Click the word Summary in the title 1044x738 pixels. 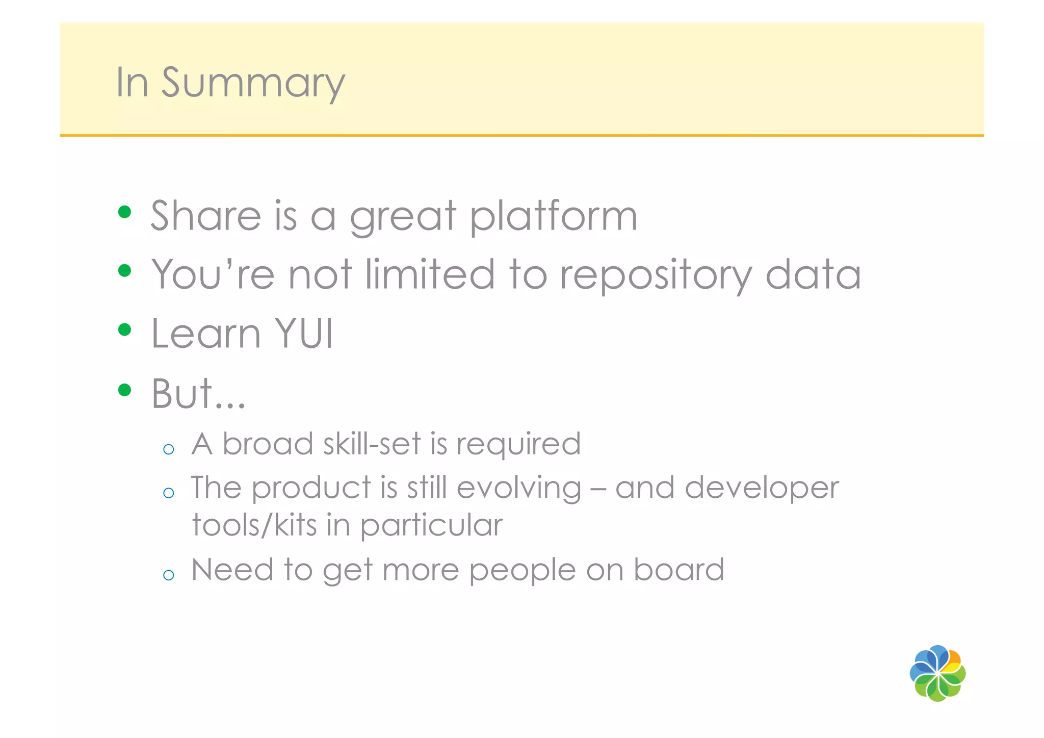pyautogui.click(x=253, y=83)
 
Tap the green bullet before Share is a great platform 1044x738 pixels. pyautogui.click(x=124, y=211)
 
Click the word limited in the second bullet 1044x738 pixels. pyautogui.click(x=430, y=274)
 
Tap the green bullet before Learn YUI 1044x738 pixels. pyautogui.click(x=124, y=329)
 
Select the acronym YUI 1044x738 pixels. pyautogui.click(x=304, y=334)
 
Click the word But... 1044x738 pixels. pyautogui.click(x=182, y=393)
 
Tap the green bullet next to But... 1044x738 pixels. pyautogui.click(x=124, y=390)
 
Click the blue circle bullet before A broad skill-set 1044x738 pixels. pyautogui.click(x=169, y=449)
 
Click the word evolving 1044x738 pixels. pyautogui.click(x=518, y=488)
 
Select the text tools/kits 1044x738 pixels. pyautogui.click(x=254, y=525)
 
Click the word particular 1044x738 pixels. pyautogui.click(x=431, y=526)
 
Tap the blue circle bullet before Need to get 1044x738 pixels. pyautogui.click(x=169, y=575)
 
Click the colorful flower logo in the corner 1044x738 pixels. pyautogui.click(x=937, y=673)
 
